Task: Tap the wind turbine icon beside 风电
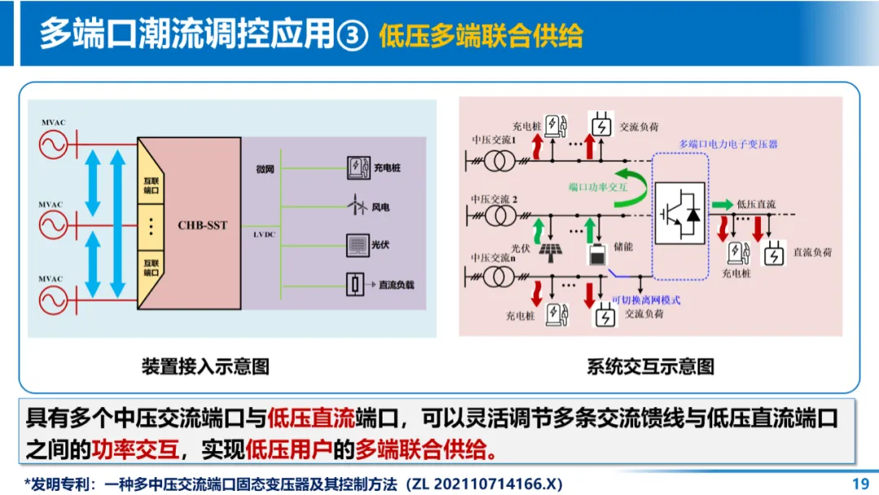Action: (356, 207)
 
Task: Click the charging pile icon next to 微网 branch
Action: (356, 168)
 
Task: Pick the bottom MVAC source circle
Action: (53, 299)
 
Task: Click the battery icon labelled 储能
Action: (597, 254)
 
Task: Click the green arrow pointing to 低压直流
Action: (722, 204)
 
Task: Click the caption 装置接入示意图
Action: (205, 366)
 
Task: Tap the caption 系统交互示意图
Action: (650, 366)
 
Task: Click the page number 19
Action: (860, 484)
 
